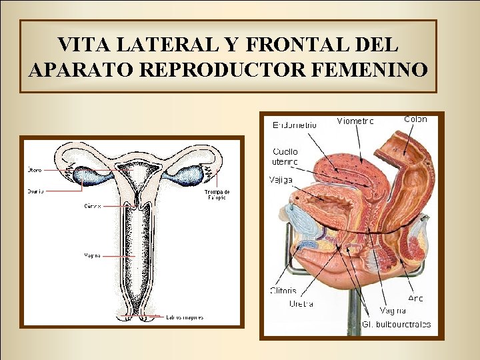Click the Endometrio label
coord(295,125)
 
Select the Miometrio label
coord(355,121)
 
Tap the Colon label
coord(415,119)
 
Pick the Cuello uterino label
coord(285,157)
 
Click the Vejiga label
coord(281,179)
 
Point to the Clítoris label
coord(283,291)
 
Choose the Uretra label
coord(301,304)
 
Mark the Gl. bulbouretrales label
coord(396,325)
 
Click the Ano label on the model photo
coord(415,298)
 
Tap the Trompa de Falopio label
coord(217,195)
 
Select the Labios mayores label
coord(185,317)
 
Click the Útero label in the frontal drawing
coord(35,169)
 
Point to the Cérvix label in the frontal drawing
coord(93,206)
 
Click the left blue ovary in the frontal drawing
coord(89,176)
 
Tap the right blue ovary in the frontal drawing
coord(188,175)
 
